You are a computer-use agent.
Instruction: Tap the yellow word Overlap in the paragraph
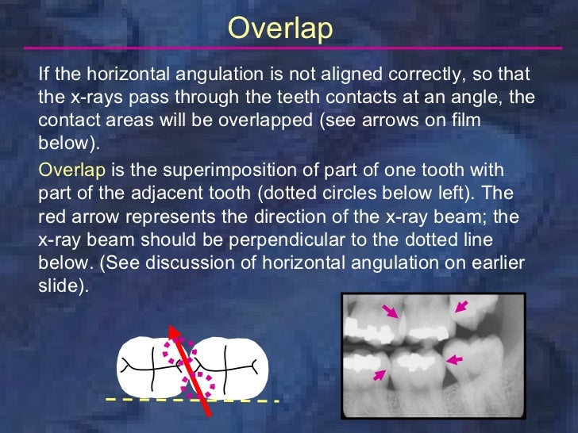click(71, 171)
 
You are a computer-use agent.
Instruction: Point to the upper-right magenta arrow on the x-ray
click(460, 305)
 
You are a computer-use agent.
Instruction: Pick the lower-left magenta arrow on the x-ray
click(380, 374)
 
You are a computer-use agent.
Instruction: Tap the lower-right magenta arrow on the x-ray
click(453, 360)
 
